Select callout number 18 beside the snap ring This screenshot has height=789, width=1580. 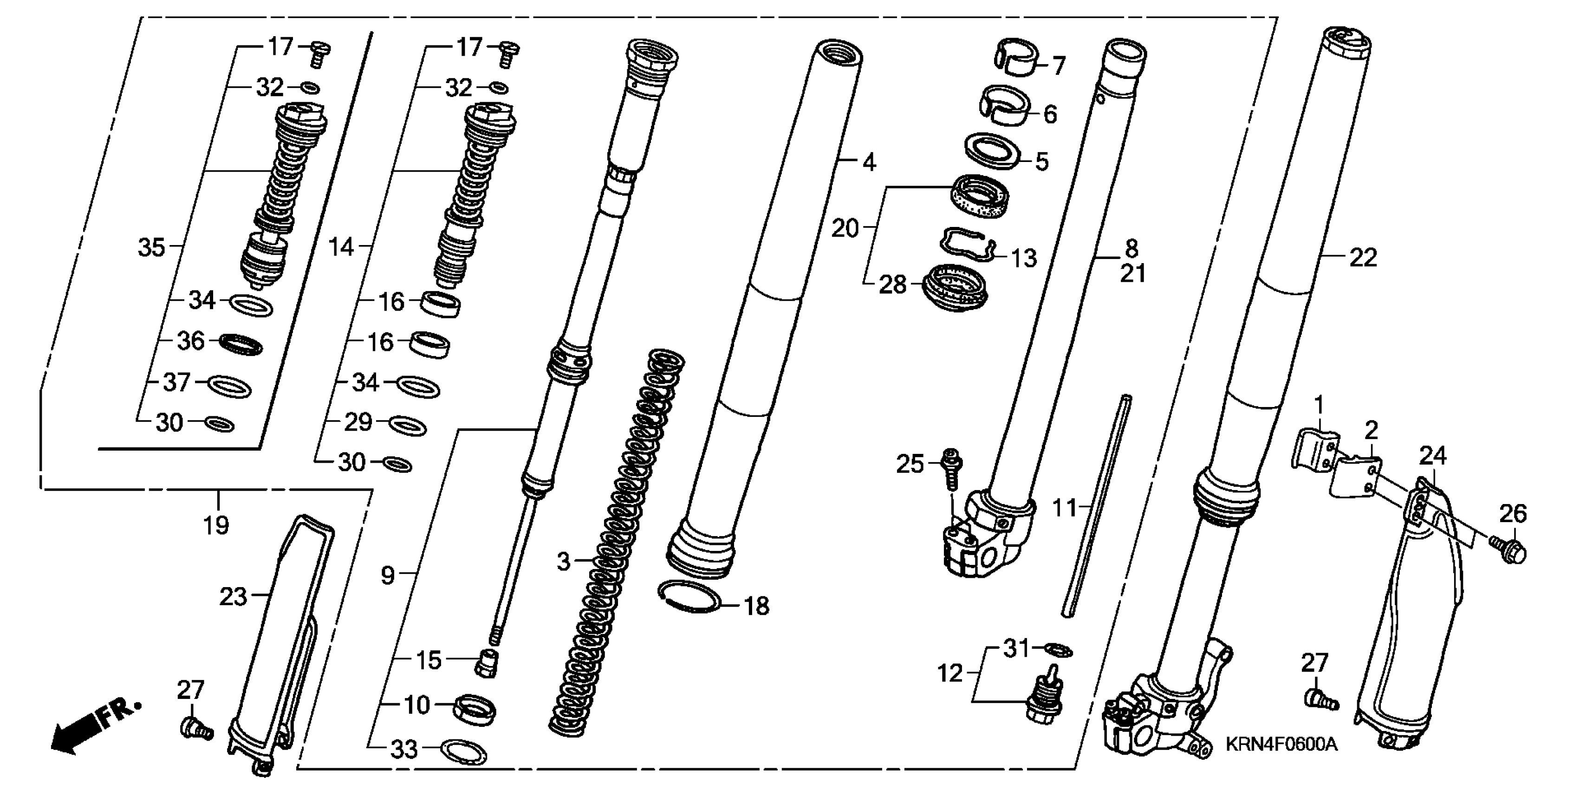pyautogui.click(x=756, y=606)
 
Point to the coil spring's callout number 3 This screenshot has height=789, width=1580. pyautogui.click(x=563, y=562)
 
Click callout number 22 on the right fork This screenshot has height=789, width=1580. pyautogui.click(x=1363, y=258)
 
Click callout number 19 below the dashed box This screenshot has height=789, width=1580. pyautogui.click(x=216, y=525)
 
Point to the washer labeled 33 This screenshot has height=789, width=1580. pyautogui.click(x=464, y=752)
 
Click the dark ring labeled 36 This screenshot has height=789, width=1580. pyautogui.click(x=241, y=344)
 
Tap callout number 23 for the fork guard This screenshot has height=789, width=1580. pyautogui.click(x=233, y=596)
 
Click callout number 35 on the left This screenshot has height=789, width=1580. pyautogui.click(x=151, y=248)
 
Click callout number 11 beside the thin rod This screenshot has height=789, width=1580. pyautogui.click(x=1065, y=508)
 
